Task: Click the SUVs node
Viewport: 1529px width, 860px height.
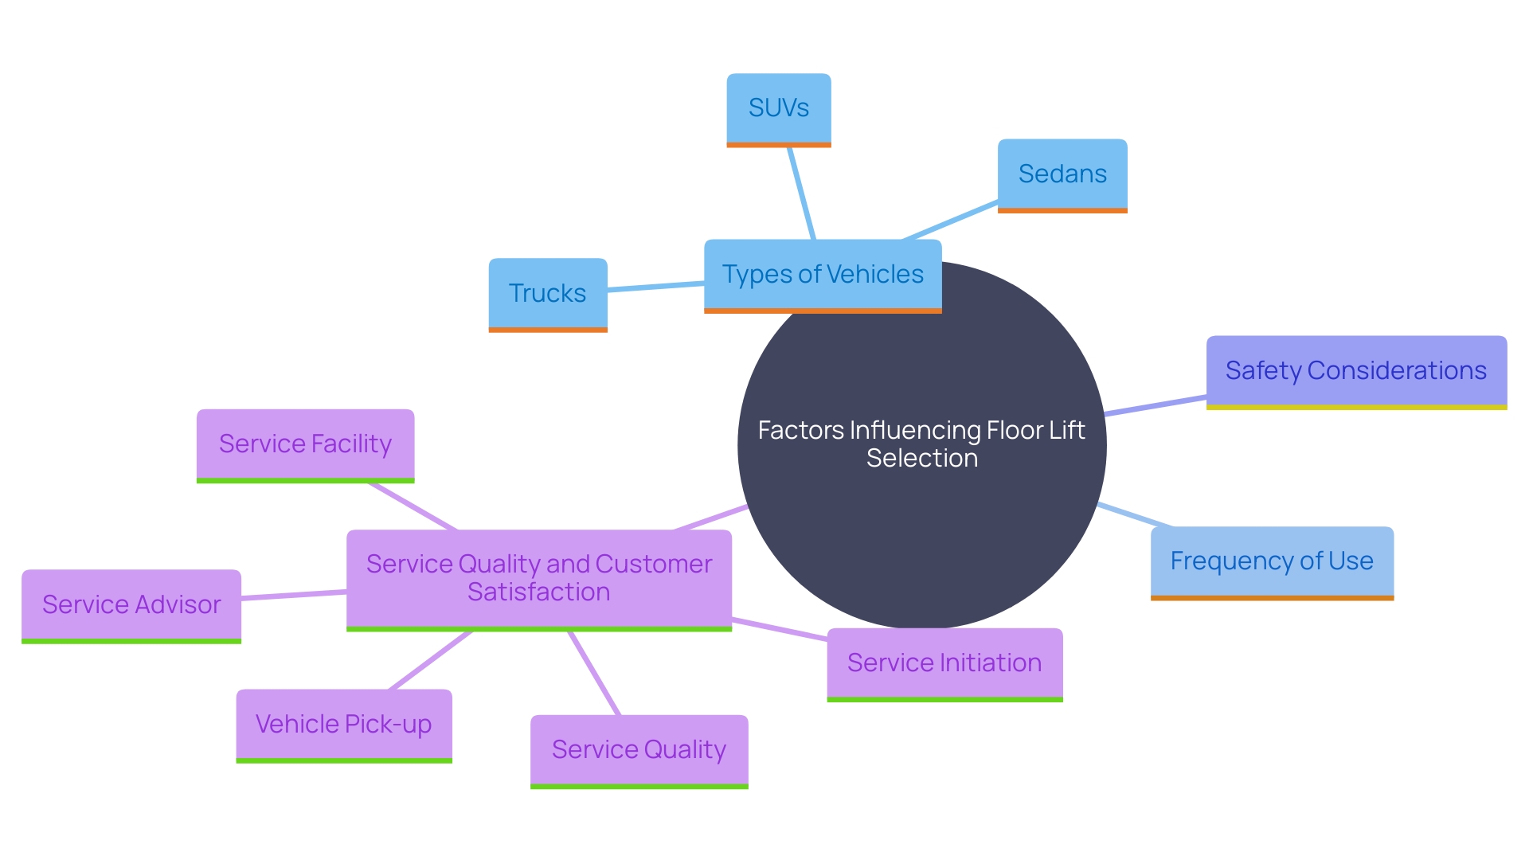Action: click(778, 109)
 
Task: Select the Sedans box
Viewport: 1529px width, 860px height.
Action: click(1062, 174)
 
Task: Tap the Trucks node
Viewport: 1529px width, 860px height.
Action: click(547, 294)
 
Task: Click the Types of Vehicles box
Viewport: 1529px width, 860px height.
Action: click(822, 275)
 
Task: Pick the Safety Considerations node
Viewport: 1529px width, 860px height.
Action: click(1355, 371)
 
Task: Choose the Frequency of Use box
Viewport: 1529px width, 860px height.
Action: click(1271, 561)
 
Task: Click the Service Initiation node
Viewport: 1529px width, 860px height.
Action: click(944, 663)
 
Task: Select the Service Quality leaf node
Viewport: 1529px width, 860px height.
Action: click(639, 750)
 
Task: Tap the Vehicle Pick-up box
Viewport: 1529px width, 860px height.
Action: click(343, 725)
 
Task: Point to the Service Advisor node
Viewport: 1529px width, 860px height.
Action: click(131, 605)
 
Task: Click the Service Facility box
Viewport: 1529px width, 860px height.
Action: click(305, 444)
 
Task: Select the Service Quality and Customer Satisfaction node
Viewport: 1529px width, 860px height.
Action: click(538, 578)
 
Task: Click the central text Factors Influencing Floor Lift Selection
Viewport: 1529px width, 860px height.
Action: click(921, 444)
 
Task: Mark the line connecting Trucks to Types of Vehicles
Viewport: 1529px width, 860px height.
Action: click(655, 287)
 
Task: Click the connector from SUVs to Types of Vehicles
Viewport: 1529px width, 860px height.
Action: click(801, 193)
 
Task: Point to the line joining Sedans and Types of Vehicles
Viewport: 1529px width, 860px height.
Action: click(950, 221)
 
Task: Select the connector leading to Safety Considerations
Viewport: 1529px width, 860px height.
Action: click(1155, 405)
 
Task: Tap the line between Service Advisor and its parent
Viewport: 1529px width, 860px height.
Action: click(293, 595)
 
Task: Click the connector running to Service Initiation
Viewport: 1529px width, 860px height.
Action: click(779, 629)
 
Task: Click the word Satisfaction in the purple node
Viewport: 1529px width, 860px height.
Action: click(538, 592)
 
